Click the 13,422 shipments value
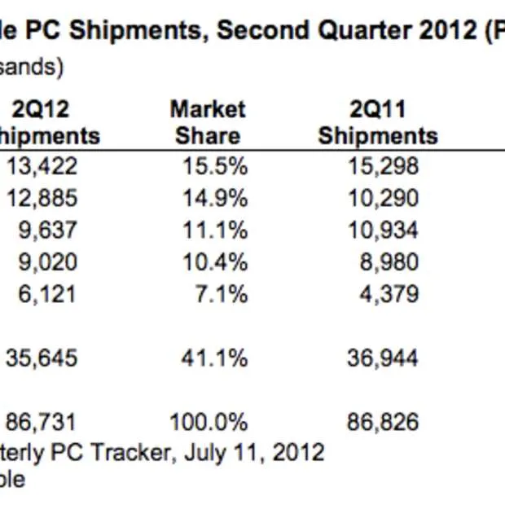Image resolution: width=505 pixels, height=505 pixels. click(x=42, y=167)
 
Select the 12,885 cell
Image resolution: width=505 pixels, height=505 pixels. click(x=42, y=199)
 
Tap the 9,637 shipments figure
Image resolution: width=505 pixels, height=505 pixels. click(x=48, y=231)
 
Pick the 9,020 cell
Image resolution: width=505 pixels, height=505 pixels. click(x=48, y=262)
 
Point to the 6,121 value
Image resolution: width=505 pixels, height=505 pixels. click(x=48, y=294)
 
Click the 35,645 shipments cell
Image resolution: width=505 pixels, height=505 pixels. click(x=42, y=358)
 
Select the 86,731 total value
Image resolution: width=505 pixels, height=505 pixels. click(x=42, y=422)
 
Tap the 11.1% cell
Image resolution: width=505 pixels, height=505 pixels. click(x=215, y=231)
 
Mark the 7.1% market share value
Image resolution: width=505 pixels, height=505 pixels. click(x=221, y=294)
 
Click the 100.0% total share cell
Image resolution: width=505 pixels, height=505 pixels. click(x=208, y=422)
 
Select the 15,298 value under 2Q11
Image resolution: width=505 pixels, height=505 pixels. click(x=384, y=167)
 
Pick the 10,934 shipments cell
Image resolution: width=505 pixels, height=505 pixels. click(x=384, y=231)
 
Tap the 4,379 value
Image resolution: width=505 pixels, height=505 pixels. click(x=389, y=294)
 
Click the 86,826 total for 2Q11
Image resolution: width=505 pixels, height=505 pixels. click(x=384, y=422)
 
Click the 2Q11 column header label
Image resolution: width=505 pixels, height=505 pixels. click(x=378, y=110)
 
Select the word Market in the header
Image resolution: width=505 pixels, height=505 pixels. click(x=208, y=110)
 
